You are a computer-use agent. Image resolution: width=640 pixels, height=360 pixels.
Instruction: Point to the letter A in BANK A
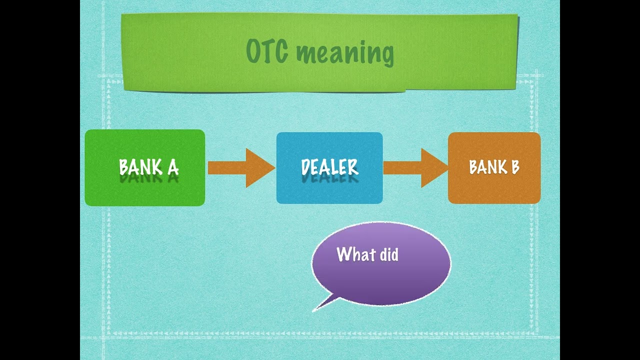point(172,167)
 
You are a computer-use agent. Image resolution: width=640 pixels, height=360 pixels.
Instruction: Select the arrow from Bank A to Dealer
point(240,168)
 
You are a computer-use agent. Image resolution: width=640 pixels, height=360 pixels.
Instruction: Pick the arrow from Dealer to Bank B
point(415,168)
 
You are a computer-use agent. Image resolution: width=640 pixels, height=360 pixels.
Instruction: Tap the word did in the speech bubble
point(389,254)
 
